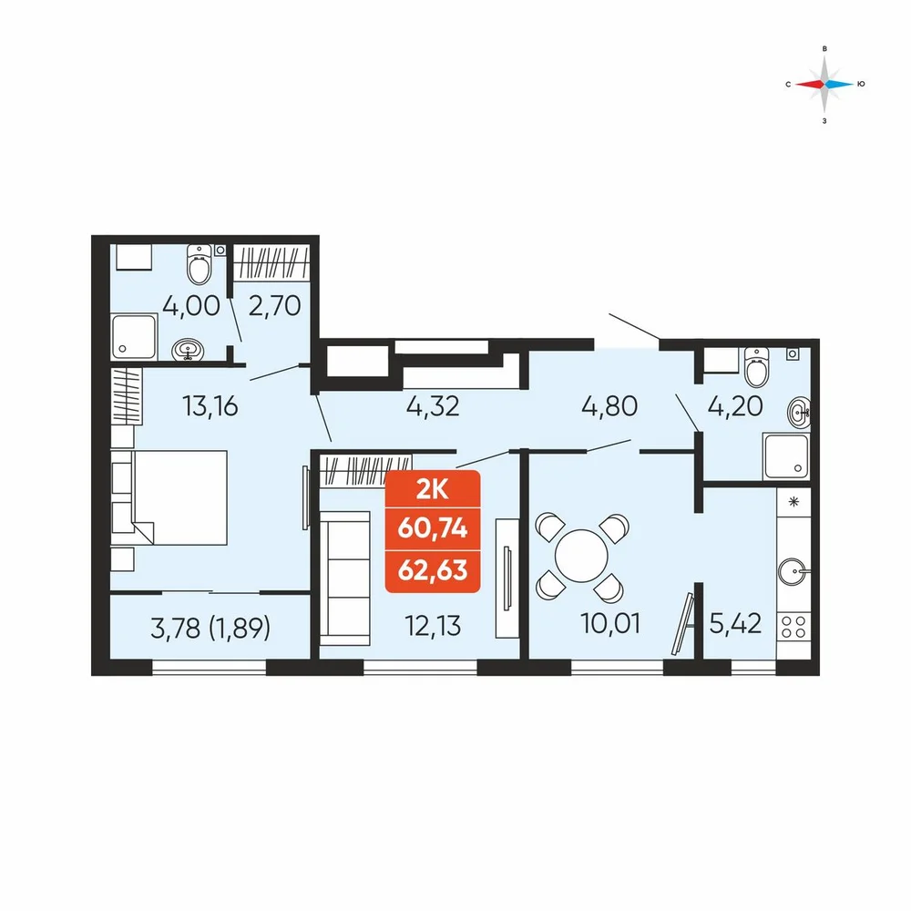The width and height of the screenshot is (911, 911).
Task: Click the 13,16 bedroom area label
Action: pos(210,406)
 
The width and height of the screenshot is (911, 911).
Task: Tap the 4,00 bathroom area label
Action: pos(191,305)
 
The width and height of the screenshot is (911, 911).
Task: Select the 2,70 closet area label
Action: pos(275,305)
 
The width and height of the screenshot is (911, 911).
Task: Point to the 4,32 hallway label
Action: pos(433,406)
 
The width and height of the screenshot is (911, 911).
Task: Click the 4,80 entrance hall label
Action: pos(609,406)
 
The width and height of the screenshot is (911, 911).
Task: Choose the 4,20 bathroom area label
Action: pos(735,406)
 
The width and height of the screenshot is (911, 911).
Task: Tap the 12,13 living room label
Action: pos(433,626)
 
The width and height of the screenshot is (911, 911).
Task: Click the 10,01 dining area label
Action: pos(610,623)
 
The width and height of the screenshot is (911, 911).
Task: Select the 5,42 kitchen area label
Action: pos(735,623)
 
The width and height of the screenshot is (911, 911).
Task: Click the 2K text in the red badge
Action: pos(433,490)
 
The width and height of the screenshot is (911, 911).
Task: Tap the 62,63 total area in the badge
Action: pos(433,570)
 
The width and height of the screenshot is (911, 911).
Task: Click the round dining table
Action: pos(581,556)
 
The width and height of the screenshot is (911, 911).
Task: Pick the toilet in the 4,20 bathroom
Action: pos(756,367)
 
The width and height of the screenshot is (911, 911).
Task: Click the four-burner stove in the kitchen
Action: pos(793,628)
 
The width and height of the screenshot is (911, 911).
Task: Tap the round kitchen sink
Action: pos(793,572)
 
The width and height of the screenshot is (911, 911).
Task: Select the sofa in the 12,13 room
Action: pos(345,578)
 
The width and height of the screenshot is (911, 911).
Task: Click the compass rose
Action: pos(824,84)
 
